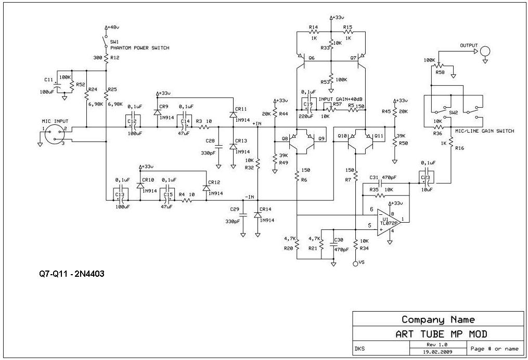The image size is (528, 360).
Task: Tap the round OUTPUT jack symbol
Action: (x=485, y=51)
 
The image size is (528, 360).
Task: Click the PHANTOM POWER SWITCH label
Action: (x=139, y=48)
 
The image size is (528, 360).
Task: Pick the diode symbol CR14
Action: (x=257, y=214)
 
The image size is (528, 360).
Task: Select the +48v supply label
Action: (x=113, y=27)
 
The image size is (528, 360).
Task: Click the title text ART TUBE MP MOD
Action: (x=438, y=333)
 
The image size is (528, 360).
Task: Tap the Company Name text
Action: (x=438, y=319)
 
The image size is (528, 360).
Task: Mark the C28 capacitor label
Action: (x=210, y=141)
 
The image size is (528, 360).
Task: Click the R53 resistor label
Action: (x=325, y=82)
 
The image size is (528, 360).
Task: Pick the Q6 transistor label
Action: (x=312, y=58)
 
